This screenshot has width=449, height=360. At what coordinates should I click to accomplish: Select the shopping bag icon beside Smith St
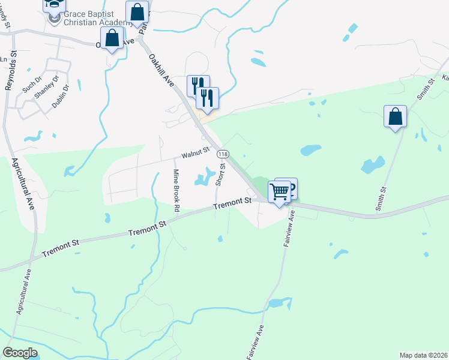(395, 116)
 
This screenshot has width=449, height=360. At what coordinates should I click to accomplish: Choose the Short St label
(222, 175)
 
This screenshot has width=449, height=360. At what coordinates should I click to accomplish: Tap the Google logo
(20, 352)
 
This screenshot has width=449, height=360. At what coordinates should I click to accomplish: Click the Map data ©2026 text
(423, 355)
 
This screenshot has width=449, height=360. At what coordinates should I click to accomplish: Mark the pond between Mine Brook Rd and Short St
(204, 177)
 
